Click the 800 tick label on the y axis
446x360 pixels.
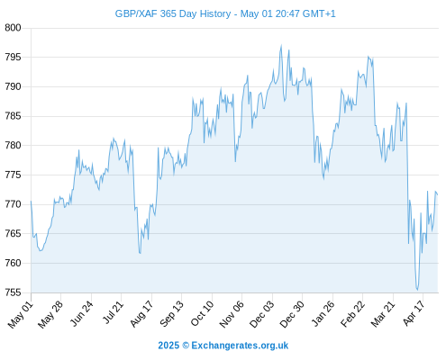coord(13,28)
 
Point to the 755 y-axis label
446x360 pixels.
coord(13,292)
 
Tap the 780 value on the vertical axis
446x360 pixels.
coord(13,145)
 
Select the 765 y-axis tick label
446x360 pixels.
coord(13,233)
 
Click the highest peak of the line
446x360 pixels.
coord(281,46)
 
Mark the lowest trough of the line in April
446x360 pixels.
coord(417,290)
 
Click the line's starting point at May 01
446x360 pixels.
coord(31,202)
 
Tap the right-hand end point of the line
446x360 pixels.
coord(438,194)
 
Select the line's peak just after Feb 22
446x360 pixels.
coord(369,57)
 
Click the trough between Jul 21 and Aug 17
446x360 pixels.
coord(141,253)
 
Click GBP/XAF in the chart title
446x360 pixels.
coord(136,13)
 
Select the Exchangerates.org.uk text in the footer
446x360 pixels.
coord(240,346)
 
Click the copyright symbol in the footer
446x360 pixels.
coord(186,346)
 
